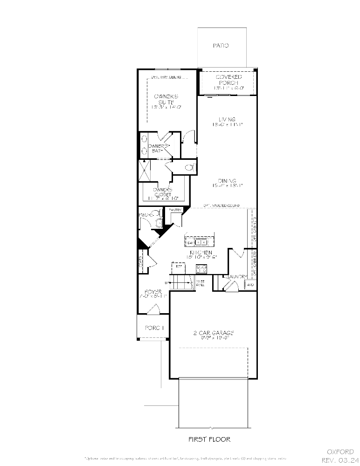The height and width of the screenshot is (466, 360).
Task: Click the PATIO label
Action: (x=221, y=46)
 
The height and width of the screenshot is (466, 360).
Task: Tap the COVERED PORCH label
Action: (x=228, y=79)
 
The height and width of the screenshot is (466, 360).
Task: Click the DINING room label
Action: (x=227, y=181)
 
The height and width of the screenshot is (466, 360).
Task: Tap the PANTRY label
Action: (x=175, y=210)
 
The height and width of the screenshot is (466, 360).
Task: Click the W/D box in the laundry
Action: (x=250, y=285)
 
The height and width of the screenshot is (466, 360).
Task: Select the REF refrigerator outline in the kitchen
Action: (x=178, y=269)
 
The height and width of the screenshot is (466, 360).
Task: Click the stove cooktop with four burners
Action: (x=201, y=269)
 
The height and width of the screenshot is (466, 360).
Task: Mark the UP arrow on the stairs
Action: (x=167, y=283)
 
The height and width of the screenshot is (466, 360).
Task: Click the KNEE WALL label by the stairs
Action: (x=200, y=283)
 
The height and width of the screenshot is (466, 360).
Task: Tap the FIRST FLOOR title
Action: (x=209, y=439)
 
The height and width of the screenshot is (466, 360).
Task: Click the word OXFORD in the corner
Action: (x=340, y=452)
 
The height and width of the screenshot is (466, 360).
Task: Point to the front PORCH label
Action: (x=154, y=328)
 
